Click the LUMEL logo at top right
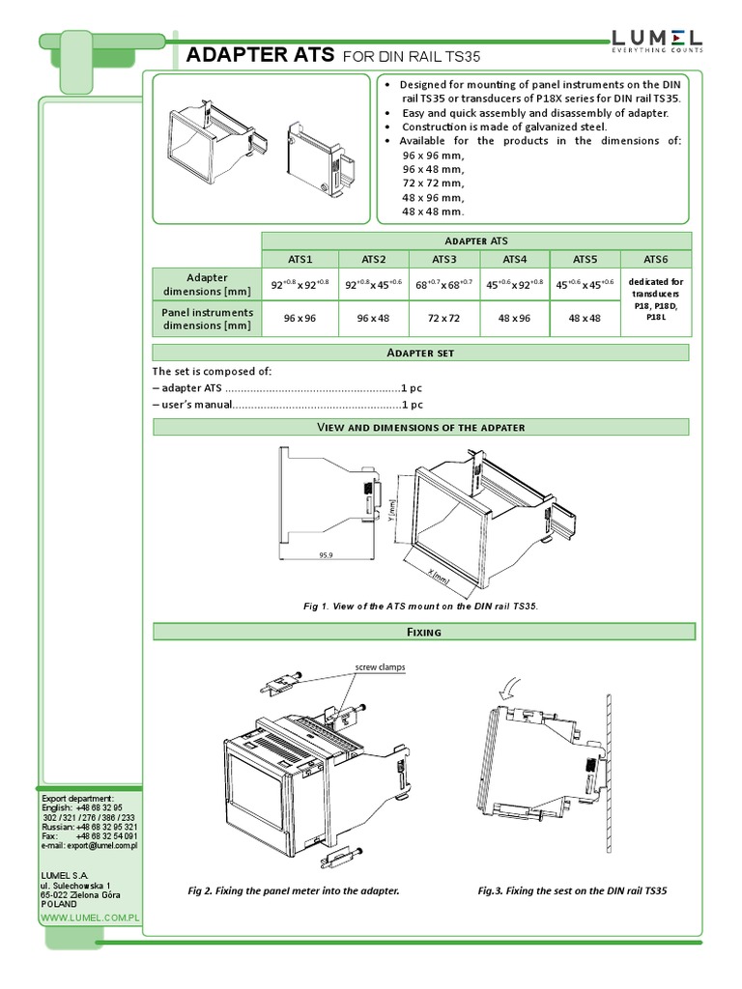[x=656, y=40]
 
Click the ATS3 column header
[x=443, y=259]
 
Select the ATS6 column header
[x=656, y=259]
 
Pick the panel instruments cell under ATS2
[x=373, y=319]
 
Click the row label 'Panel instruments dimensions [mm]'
[x=207, y=319]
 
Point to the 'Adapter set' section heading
[x=420, y=353]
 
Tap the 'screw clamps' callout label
[x=379, y=667]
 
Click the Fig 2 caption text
[x=293, y=890]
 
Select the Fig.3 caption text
[x=572, y=890]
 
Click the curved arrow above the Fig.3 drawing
[x=509, y=688]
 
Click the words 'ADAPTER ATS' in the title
[x=260, y=55]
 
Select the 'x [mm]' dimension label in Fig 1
[x=440, y=576]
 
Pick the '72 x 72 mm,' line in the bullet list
[x=433, y=183]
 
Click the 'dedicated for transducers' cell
[x=656, y=299]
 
